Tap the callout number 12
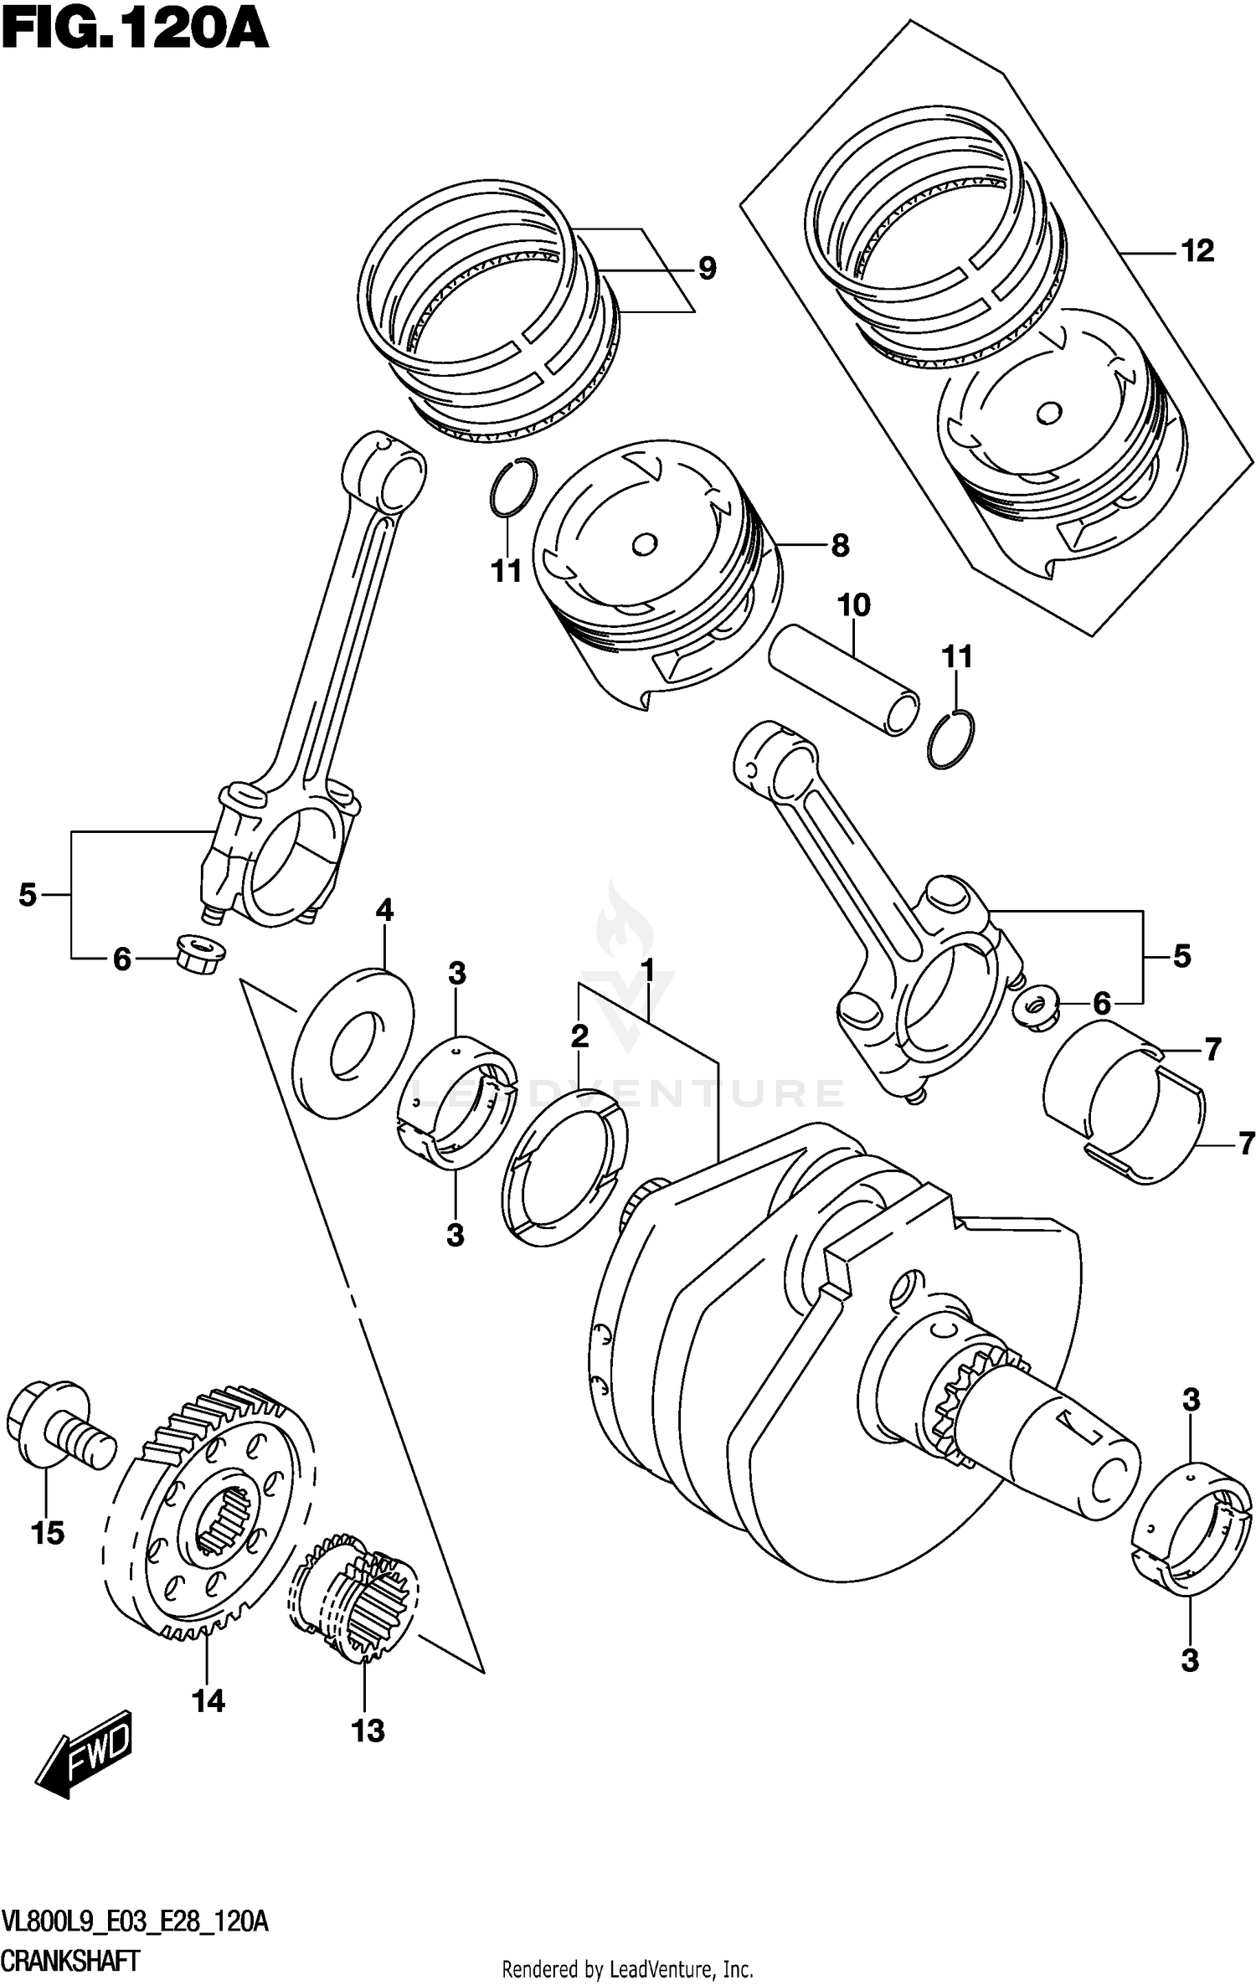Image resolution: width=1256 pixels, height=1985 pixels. (1197, 250)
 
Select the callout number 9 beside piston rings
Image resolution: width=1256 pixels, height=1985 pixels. (708, 269)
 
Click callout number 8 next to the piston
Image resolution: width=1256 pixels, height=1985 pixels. (840, 546)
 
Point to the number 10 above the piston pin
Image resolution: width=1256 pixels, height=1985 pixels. (854, 604)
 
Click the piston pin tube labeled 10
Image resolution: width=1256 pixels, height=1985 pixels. (846, 683)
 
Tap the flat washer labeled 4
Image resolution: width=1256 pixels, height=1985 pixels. (353, 1041)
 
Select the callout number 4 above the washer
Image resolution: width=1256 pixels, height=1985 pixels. (384, 910)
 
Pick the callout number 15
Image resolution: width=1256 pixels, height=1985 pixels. (48, 1533)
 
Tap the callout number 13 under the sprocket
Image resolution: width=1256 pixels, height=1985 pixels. (368, 1730)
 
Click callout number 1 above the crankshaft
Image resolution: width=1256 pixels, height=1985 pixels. (647, 972)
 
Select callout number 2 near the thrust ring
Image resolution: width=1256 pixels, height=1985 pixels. (579, 1037)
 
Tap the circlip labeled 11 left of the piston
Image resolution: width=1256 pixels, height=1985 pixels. (512, 487)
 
